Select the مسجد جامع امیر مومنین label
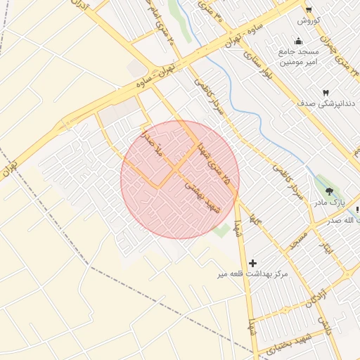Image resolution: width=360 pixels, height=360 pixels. pyautogui.click(x=301, y=57)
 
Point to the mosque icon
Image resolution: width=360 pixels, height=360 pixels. pyautogui.click(x=300, y=41)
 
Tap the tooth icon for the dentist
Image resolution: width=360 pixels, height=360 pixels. pyautogui.click(x=326, y=93)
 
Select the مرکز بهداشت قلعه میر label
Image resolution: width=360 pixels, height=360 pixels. pyautogui.click(x=253, y=275)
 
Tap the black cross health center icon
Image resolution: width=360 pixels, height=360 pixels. pyautogui.click(x=253, y=262)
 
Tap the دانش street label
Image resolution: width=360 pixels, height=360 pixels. pyautogui.click(x=324, y=325)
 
